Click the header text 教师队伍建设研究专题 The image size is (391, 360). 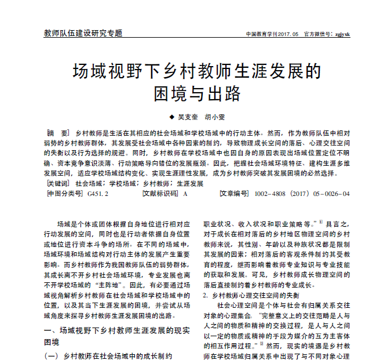(83, 33)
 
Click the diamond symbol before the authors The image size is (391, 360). (171, 116)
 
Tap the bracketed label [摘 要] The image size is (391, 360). (58, 133)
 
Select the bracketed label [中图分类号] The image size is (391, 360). (63, 194)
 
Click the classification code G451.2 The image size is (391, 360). (98, 194)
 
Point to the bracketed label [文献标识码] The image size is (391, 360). (160, 194)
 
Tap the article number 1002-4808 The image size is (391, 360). (271, 194)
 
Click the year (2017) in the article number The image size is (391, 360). (301, 194)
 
